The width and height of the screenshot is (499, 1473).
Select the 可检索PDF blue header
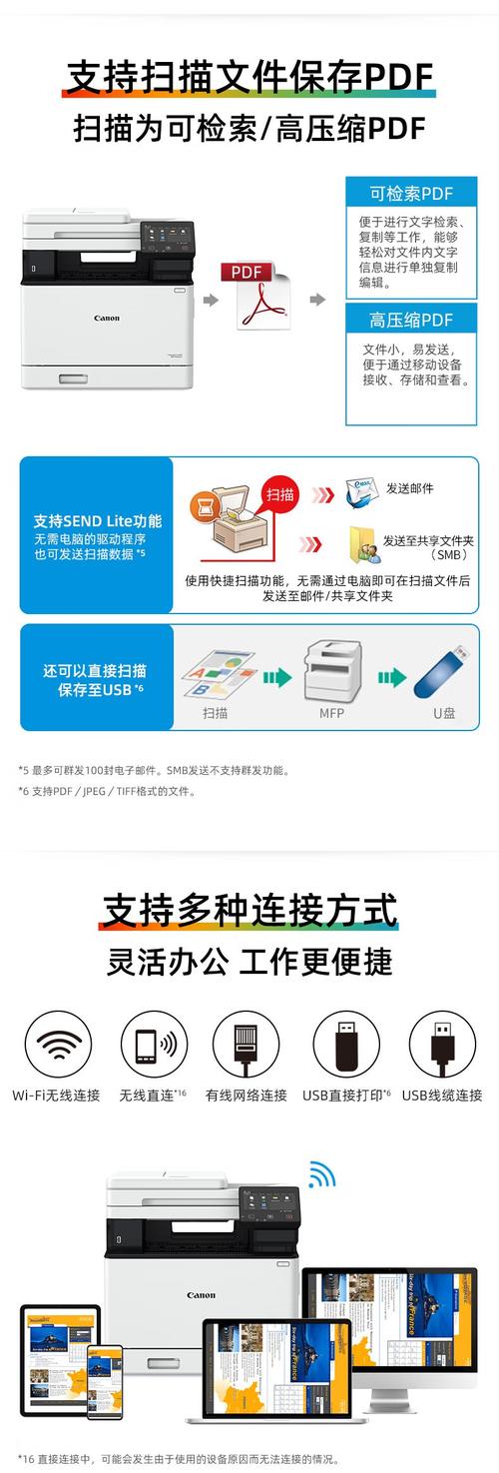(410, 194)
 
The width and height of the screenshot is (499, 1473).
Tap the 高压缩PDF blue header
(410, 320)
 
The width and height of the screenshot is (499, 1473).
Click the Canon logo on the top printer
(107, 319)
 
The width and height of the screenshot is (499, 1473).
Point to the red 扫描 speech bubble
(280, 495)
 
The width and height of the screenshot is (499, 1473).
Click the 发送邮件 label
(409, 488)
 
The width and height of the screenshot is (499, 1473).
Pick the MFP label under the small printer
(331, 714)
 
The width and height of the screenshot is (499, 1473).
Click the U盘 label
(444, 714)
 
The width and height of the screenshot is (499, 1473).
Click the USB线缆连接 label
(442, 1096)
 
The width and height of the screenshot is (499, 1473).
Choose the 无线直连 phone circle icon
(154, 1045)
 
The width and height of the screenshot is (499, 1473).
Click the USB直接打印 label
(346, 1096)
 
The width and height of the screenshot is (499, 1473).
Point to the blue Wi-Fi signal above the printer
(320, 1173)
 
